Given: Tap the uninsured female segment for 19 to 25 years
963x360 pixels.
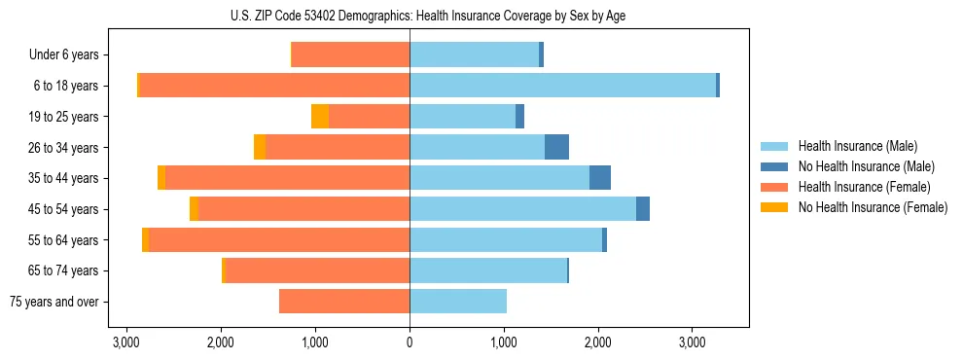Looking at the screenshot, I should click(320, 117).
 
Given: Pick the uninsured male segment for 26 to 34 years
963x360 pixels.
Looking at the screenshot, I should click(556, 147).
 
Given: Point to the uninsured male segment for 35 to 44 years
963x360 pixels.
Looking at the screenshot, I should click(600, 178).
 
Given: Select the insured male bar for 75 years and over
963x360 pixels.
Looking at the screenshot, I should click(458, 302).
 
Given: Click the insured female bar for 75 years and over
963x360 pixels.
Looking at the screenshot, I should click(344, 302).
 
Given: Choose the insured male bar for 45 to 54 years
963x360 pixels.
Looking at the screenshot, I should click(522, 209).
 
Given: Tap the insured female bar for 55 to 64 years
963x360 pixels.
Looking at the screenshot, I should click(279, 239).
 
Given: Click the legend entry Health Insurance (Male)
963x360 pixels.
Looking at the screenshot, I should click(857, 146).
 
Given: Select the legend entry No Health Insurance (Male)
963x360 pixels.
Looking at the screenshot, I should click(864, 166).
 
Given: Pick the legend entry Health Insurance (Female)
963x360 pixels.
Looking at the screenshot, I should click(861, 187).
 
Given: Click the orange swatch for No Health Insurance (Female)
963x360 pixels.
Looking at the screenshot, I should click(774, 207).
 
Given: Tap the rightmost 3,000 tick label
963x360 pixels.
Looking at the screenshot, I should click(692, 342).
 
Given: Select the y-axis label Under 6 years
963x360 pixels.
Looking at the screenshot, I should click(64, 55).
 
